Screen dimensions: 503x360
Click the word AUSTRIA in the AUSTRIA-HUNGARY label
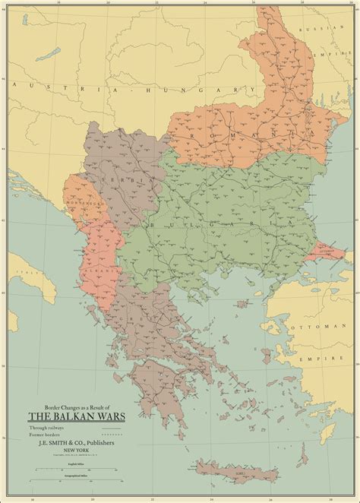[x=46, y=88]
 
